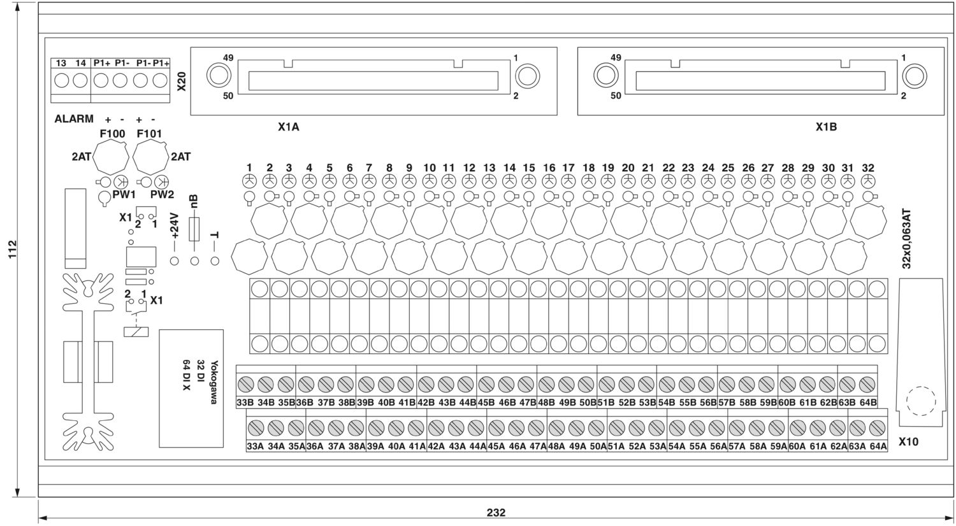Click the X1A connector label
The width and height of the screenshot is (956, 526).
pos(289,127)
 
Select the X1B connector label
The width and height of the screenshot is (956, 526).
pos(826,127)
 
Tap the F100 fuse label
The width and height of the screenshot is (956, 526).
pos(113,134)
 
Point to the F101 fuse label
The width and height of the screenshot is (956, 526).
pos(149,134)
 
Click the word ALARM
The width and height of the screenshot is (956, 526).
pos(74,119)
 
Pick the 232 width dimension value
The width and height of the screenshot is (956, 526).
pos(496,513)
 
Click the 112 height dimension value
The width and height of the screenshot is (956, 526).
pos(12,249)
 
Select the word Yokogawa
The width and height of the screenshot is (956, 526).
pos(214,382)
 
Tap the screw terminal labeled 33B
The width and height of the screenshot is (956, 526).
pos(245,385)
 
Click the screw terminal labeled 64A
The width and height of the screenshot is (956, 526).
pos(877,427)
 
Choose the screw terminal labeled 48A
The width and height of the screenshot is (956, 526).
pos(556,427)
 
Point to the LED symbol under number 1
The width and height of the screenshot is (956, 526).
pos(249,181)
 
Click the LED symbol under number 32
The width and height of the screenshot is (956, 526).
pos(868,181)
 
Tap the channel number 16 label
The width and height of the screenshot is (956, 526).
pos(549,167)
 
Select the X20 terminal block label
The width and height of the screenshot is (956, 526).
pos(182,81)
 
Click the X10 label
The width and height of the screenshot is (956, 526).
pos(908,442)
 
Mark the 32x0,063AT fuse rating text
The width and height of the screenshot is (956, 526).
pos(906,239)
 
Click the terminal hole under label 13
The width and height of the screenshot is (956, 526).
pos(61,81)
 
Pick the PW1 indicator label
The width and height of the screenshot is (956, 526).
pos(124,194)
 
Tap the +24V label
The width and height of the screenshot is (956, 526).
pos(175,226)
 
